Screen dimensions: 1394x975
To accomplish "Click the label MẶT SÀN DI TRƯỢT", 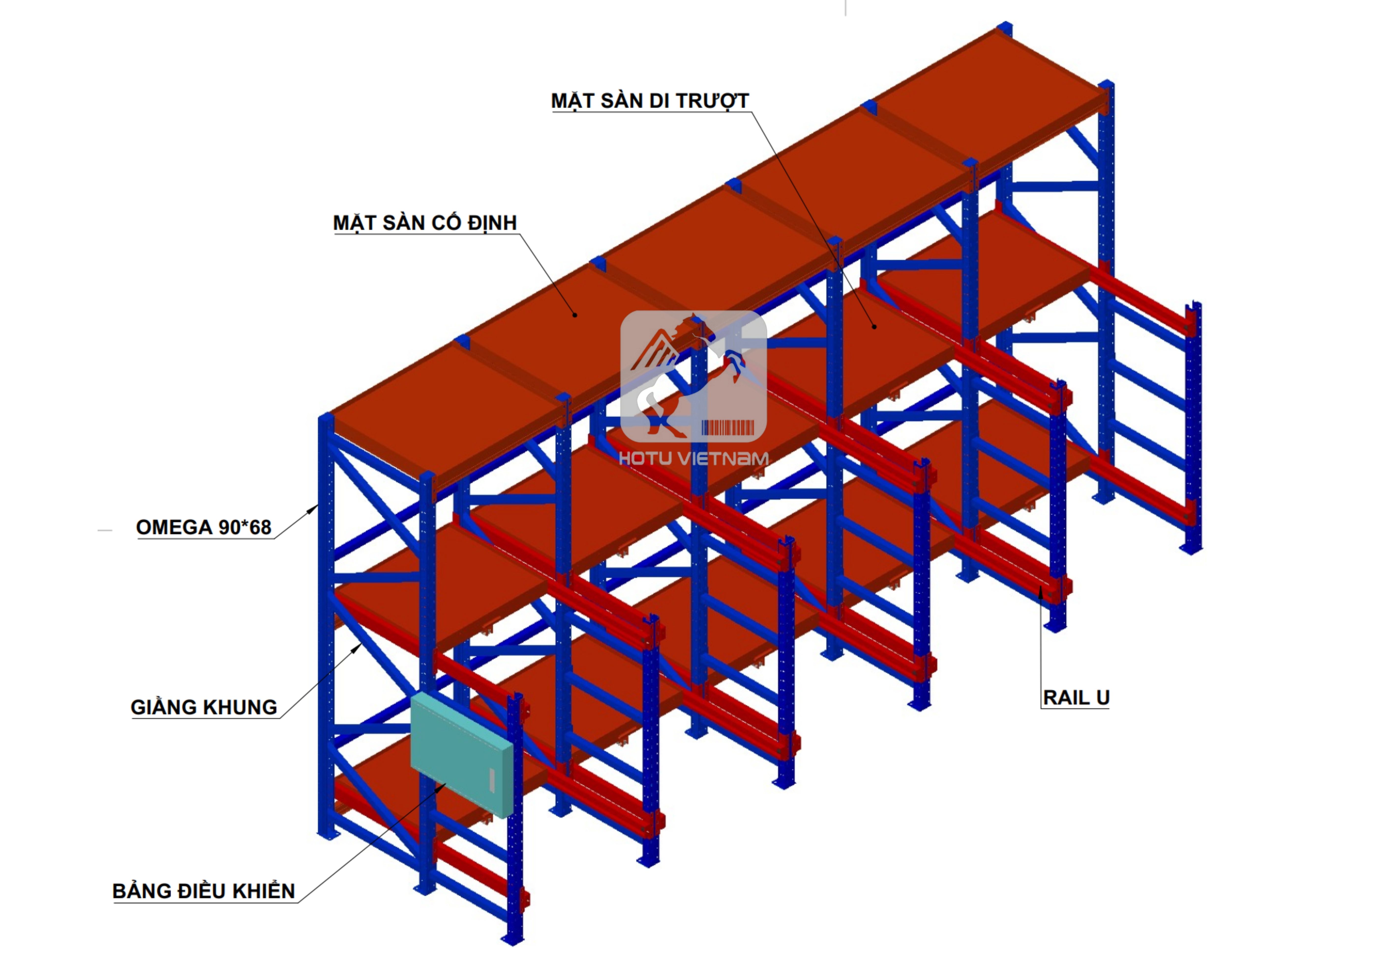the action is (x=650, y=101).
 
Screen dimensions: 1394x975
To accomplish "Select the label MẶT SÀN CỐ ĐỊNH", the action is (x=424, y=223).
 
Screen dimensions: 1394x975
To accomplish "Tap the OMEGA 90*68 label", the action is (x=203, y=527).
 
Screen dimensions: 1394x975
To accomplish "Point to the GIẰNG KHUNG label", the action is (x=203, y=707).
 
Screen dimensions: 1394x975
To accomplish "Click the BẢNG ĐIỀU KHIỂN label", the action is (x=203, y=891).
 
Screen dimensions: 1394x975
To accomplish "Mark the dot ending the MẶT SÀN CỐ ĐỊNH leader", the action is (x=575, y=314).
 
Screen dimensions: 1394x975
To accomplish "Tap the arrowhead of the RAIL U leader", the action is (x=1041, y=591).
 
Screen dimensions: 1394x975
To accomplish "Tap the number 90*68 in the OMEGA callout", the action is (x=245, y=527).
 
